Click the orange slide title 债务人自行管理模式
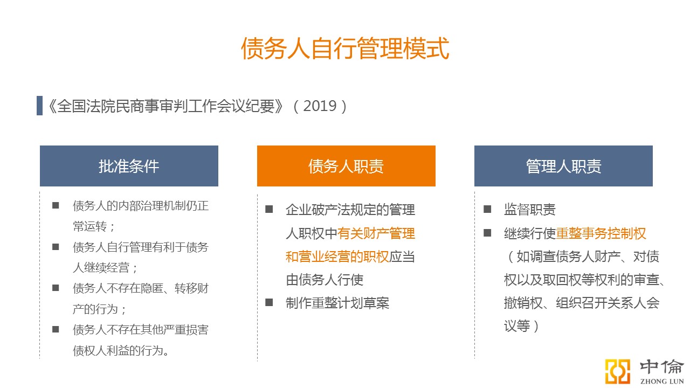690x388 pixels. (345, 48)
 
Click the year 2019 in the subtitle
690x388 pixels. (320, 106)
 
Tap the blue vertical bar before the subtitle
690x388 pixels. (39, 106)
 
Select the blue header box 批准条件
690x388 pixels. (129, 166)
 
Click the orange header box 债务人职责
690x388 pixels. (346, 166)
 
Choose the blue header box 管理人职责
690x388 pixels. (563, 166)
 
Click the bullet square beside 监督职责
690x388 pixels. (487, 210)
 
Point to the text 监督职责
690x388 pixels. (529, 210)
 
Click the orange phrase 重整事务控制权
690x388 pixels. (601, 233)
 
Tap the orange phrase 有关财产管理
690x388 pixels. (376, 233)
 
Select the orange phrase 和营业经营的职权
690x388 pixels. (337, 257)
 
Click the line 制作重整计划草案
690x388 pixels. (337, 303)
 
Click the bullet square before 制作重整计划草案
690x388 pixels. (269, 302)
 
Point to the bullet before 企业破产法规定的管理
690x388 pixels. (269, 210)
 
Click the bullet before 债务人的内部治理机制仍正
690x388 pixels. (56, 205)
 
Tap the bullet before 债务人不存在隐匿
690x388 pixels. (56, 288)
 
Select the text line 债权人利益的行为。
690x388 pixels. (121, 350)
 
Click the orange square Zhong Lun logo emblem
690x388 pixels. (617, 371)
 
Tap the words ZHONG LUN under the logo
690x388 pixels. (662, 381)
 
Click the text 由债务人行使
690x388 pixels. (325, 280)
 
